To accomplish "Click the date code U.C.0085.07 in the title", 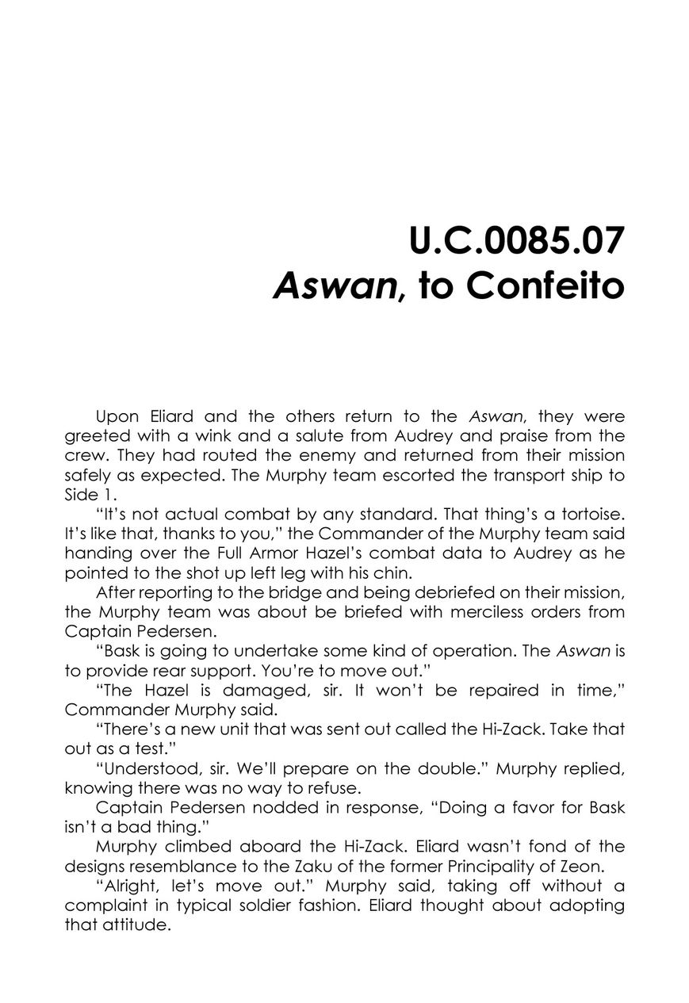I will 516,242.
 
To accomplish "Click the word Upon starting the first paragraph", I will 117,416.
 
